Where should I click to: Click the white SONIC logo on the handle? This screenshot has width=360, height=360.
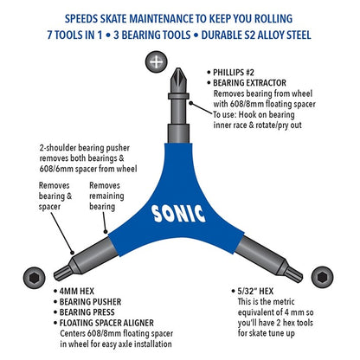coord(179,214)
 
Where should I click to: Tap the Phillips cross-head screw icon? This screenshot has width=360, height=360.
coord(156,62)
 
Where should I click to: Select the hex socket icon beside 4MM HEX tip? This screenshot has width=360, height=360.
coord(35,278)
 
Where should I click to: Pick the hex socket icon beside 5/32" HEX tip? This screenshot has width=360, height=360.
coord(322,278)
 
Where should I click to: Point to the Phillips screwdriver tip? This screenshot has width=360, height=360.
coord(178,80)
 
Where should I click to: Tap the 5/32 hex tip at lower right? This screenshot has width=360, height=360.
coord(293,273)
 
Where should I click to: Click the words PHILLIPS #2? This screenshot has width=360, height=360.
coord(234,73)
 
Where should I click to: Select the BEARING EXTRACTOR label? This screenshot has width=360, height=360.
coord(249,83)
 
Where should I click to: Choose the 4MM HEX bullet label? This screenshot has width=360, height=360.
coord(77,292)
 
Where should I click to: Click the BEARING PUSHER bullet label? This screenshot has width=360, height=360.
coord(90,302)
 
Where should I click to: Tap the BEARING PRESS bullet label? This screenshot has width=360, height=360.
coord(87,312)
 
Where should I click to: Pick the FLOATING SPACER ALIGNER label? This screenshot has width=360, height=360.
coord(106,323)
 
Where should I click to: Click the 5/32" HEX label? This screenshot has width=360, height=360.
coord(255,292)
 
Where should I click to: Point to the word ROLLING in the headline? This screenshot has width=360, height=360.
coord(273,19)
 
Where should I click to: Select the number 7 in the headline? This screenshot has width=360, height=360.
coord(50,35)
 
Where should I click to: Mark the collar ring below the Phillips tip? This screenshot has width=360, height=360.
coord(178,96)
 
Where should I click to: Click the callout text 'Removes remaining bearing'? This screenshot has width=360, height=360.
coord(106,196)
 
